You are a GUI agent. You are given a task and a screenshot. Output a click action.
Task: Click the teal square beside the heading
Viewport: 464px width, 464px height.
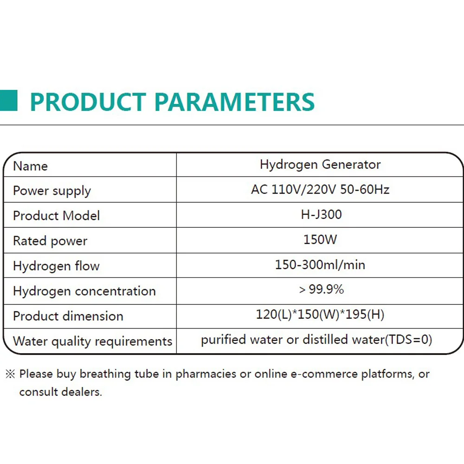pyautogui.click(x=8, y=101)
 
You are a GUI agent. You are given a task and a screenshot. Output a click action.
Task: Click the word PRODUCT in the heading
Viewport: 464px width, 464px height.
pyautogui.click(x=88, y=102)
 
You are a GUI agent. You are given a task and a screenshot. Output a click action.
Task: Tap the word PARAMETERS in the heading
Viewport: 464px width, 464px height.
pyautogui.click(x=234, y=102)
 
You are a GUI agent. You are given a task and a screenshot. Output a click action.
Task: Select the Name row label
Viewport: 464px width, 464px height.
pyautogui.click(x=31, y=166)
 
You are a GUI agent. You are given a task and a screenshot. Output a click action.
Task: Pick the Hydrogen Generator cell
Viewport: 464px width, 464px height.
pyautogui.click(x=320, y=165)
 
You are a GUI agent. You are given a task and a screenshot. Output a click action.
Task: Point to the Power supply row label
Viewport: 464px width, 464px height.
pyautogui.click(x=52, y=191)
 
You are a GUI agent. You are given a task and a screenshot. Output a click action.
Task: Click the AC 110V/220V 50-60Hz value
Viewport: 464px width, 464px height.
pyautogui.click(x=320, y=189)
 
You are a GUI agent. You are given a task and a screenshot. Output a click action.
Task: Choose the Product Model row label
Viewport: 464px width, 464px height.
pyautogui.click(x=56, y=215)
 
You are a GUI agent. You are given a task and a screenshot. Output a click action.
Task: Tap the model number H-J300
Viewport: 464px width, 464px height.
pyautogui.click(x=322, y=214)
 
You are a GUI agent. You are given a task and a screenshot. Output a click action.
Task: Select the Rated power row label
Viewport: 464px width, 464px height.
pyautogui.click(x=50, y=241)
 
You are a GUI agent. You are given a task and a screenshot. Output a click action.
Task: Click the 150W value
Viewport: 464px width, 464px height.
pyautogui.click(x=320, y=239)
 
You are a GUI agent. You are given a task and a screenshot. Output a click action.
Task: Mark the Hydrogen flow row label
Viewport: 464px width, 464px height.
pyautogui.click(x=56, y=266)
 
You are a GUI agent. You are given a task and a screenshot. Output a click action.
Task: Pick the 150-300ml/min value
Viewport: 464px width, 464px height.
pyautogui.click(x=320, y=264)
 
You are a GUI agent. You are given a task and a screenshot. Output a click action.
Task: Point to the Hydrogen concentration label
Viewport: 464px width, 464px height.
pyautogui.click(x=84, y=291)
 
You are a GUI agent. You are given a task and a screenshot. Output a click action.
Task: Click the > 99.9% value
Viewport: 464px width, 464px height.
pyautogui.click(x=322, y=289)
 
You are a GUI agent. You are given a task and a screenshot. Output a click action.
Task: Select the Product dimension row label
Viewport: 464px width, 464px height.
pyautogui.click(x=68, y=316)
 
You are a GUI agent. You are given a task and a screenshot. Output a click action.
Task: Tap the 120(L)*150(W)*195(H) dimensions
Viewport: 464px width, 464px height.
pyautogui.click(x=320, y=314)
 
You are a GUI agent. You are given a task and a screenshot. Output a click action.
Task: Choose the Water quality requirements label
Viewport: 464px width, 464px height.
pyautogui.click(x=93, y=342)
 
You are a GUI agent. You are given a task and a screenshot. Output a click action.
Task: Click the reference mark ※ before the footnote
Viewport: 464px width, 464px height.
pyautogui.click(x=10, y=374)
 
